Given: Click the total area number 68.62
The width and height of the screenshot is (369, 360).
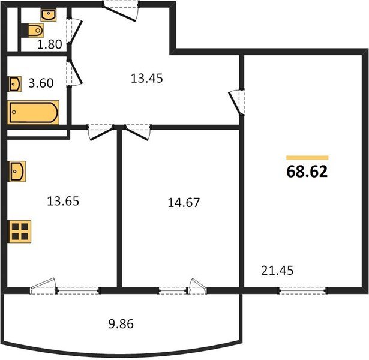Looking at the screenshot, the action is [307, 172].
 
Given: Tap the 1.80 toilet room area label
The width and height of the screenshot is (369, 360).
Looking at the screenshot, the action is [49, 44].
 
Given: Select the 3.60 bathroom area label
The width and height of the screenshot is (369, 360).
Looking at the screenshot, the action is [41, 83].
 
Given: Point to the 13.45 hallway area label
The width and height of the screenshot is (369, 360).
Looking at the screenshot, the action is [146, 79].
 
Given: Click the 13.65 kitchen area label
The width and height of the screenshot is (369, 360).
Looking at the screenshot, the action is [63, 201].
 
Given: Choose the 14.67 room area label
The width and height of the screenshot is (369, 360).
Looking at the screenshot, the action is [184, 203].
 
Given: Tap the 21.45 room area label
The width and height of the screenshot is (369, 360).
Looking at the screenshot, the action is [277, 271].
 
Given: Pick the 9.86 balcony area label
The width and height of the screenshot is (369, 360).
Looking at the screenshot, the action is [121, 324].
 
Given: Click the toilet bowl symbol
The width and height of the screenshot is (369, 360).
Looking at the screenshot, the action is [32, 31].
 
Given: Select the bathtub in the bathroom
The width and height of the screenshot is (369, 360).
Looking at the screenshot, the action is [33, 112].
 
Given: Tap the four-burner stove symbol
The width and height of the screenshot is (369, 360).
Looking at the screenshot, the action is [20, 232].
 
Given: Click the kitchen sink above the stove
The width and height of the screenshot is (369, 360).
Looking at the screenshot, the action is [17, 171].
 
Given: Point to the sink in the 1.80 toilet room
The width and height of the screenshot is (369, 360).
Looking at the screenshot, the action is [49, 15].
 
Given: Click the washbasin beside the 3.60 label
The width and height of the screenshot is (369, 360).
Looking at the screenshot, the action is [15, 84].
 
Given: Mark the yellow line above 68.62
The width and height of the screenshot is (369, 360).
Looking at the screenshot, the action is [307, 158].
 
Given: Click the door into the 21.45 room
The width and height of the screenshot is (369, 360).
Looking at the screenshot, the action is [237, 102].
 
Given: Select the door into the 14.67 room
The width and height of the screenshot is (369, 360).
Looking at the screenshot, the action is [137, 133].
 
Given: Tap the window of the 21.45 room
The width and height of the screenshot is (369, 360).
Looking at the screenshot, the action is [303, 291].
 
